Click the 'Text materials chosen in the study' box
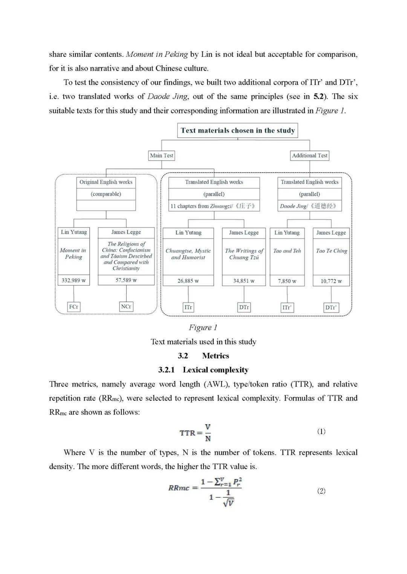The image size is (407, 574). click(237, 131)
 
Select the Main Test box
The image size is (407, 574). click(162, 155)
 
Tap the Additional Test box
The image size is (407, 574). click(309, 155)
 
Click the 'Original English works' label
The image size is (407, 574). click(106, 182)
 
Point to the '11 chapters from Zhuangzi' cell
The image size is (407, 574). click(214, 206)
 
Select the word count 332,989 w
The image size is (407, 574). click(73, 280)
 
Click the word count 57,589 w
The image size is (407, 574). click(126, 280)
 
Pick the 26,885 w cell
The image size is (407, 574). click(188, 281)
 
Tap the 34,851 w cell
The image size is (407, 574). click(244, 281)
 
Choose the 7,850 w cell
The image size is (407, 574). click(287, 281)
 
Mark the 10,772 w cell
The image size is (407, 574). click(331, 281)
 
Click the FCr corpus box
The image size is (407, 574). click(73, 307)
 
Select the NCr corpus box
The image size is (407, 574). click(126, 307)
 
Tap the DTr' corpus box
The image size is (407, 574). click(330, 307)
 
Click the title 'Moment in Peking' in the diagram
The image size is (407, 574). click(73, 254)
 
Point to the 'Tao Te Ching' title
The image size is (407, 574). click(331, 251)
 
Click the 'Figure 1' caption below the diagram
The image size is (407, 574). click(203, 328)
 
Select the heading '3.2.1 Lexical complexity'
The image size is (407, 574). click(203, 370)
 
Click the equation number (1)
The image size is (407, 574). click(321, 431)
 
